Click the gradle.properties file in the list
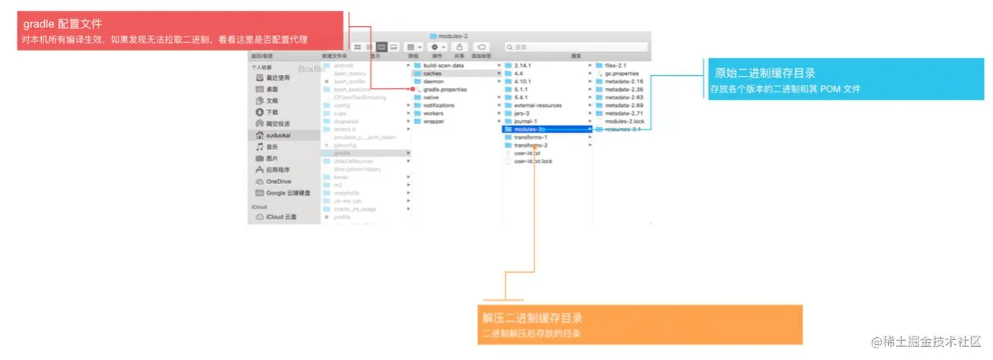(444, 90)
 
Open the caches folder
(432, 73)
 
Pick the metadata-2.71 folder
(623, 113)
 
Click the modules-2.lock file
(624, 121)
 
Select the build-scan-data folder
(443, 66)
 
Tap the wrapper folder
(433, 121)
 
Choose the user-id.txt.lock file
(533, 161)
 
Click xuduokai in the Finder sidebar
(278, 135)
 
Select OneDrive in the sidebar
(278, 181)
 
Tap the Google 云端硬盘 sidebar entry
(288, 193)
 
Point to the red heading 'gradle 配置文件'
(62, 25)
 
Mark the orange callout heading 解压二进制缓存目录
(532, 318)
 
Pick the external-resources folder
(538, 106)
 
